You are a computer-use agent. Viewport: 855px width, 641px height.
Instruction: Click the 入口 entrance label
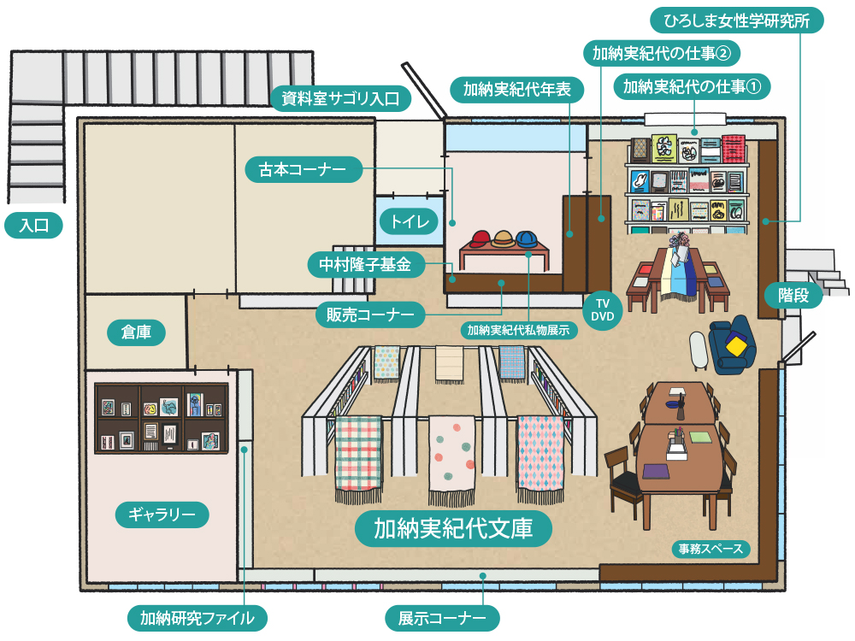(x=34, y=226)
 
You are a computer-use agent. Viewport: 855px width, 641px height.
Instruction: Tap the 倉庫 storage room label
(x=136, y=332)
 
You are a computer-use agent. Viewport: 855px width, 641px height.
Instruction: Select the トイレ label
(x=409, y=221)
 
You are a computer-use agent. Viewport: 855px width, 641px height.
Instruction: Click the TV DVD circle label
(x=602, y=310)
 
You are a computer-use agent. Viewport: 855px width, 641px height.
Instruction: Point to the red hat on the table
(x=481, y=238)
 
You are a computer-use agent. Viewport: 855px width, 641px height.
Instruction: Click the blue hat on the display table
(x=527, y=238)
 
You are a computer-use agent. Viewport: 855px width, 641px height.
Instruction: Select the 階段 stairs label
(x=793, y=296)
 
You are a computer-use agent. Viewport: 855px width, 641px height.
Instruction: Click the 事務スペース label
(x=711, y=549)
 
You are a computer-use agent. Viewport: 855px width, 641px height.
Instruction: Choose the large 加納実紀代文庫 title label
(x=453, y=528)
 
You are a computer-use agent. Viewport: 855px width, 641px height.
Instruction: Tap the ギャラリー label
(x=162, y=515)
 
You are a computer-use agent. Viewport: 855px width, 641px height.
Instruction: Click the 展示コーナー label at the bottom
(x=442, y=618)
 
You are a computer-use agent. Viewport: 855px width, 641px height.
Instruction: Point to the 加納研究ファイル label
(x=197, y=618)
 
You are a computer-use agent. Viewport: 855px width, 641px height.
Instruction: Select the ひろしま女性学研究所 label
(x=737, y=21)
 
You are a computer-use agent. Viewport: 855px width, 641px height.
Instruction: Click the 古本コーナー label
(x=303, y=169)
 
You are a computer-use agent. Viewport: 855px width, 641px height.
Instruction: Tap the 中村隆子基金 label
(x=365, y=265)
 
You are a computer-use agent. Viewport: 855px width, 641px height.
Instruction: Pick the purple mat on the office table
(x=656, y=471)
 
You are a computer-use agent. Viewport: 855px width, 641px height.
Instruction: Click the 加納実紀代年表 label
(x=517, y=90)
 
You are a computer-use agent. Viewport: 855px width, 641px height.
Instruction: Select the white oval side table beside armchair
(x=699, y=350)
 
